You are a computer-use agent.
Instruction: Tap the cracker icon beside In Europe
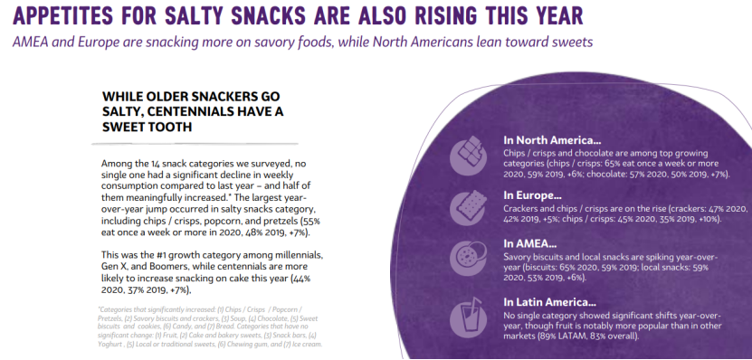pos(468,207)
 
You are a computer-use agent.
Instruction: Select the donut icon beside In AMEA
pos(468,258)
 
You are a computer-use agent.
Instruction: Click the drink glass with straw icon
pos(468,316)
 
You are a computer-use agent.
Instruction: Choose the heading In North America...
pos(552,140)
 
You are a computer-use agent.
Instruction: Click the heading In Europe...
pos(532,195)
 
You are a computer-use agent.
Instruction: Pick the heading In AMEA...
pos(530,244)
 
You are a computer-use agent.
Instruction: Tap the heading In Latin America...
pos(549,302)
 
